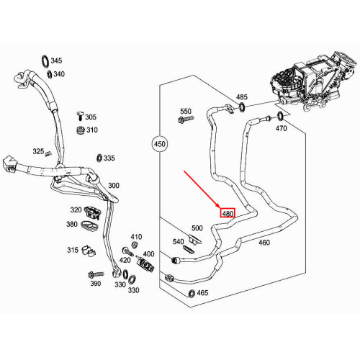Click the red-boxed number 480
[x=228, y=214]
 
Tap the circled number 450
[x=160, y=145]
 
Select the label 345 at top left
[x=57, y=61]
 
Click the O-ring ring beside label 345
[x=45, y=60]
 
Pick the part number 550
[x=186, y=112]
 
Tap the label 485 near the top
[x=242, y=96]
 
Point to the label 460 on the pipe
[x=264, y=243]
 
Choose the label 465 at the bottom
[x=203, y=293]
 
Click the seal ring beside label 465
[x=190, y=293]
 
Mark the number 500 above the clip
[x=197, y=228]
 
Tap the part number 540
[x=178, y=242]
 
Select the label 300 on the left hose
[x=113, y=186]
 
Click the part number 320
[x=76, y=210]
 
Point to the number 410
[x=137, y=237]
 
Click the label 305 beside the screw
[x=91, y=117]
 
